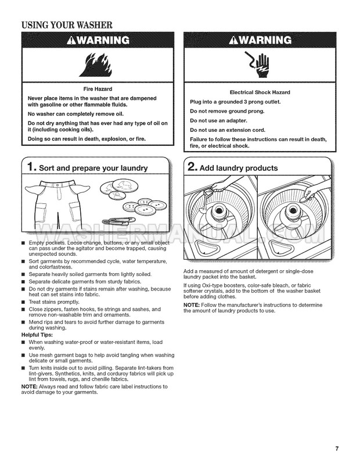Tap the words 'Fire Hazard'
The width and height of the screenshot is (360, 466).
pyautogui.click(x=97, y=89)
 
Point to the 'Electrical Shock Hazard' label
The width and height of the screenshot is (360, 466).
pyautogui.click(x=260, y=92)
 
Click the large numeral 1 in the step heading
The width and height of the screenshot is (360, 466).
pyautogui.click(x=33, y=168)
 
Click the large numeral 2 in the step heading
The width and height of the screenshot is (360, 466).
pyautogui.click(x=192, y=168)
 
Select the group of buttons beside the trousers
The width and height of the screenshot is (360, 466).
pyautogui.click(x=143, y=206)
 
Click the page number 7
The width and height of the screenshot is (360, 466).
pyautogui.click(x=337, y=447)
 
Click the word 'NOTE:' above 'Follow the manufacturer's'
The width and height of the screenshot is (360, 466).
pyautogui.click(x=192, y=305)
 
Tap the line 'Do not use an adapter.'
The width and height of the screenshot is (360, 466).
pyautogui.click(x=219, y=120)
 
